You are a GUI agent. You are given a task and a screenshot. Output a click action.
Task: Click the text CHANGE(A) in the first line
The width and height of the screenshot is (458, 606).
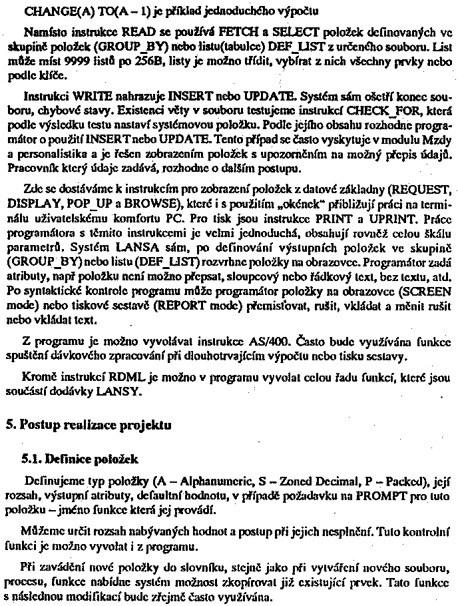click(x=48, y=11)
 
